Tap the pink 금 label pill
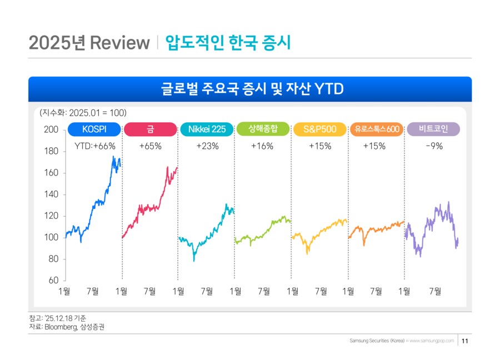coord(151,129)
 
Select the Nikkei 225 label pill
coord(207,129)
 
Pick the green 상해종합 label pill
coord(263,129)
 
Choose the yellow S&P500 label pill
coord(319,129)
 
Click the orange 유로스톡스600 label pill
coord(377,129)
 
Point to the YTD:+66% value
coord(94,146)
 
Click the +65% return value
coord(151,146)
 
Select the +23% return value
coord(207,146)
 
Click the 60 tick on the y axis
coord(53,281)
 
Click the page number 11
coord(466,341)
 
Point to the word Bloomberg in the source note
coord(60,327)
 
